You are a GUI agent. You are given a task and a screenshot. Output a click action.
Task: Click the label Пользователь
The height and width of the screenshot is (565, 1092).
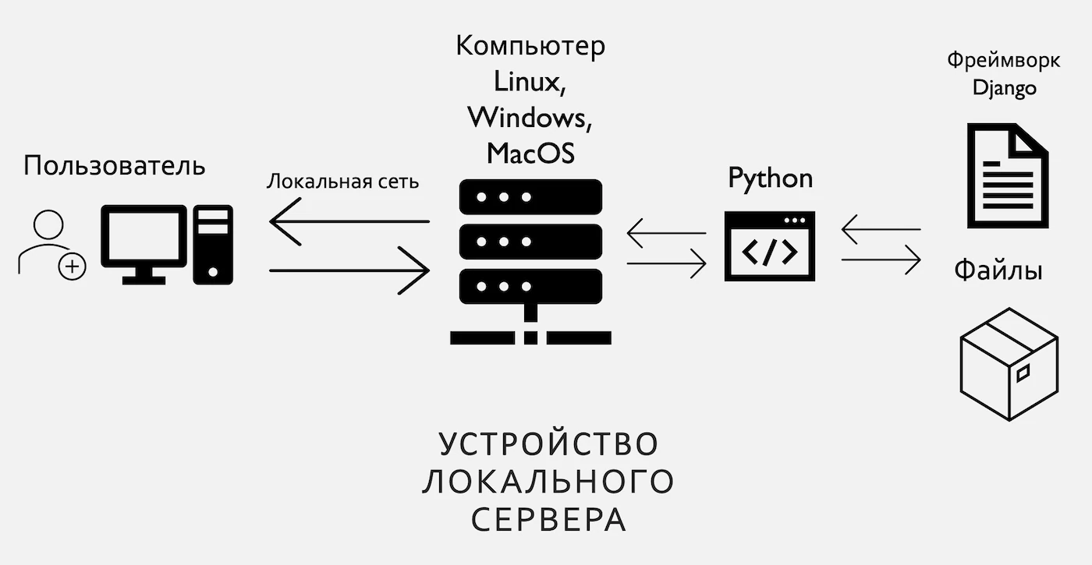115,167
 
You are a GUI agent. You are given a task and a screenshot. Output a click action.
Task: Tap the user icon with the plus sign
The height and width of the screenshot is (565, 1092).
51,244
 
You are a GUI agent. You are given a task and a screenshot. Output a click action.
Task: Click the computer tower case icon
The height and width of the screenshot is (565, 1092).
214,244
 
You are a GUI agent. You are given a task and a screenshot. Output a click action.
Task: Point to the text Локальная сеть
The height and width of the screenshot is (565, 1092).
342,182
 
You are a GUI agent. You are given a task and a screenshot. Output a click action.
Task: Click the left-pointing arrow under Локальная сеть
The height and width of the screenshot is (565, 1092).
349,221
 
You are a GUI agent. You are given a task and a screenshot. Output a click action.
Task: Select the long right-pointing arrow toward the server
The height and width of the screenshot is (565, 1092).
349,270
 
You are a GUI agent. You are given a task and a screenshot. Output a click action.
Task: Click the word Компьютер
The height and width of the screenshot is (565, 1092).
530,46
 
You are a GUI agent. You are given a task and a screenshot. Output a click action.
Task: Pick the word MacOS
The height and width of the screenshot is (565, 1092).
530,153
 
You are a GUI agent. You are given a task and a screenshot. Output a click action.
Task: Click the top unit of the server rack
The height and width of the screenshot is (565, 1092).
530,197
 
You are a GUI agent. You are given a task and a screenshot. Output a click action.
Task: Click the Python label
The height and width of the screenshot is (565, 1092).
770,179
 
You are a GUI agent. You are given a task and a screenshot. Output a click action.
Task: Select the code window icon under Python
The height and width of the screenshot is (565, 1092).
770,245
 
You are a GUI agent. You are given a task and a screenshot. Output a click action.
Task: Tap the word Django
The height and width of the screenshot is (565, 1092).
1004,87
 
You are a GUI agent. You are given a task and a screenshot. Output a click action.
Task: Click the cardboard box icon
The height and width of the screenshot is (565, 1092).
1009,364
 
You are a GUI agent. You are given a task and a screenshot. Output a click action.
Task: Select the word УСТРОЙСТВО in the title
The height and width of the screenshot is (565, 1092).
548,444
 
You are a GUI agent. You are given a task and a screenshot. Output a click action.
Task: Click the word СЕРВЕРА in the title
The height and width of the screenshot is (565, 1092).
548,520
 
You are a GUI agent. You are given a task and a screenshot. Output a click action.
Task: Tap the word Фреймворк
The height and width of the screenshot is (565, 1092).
1003,60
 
